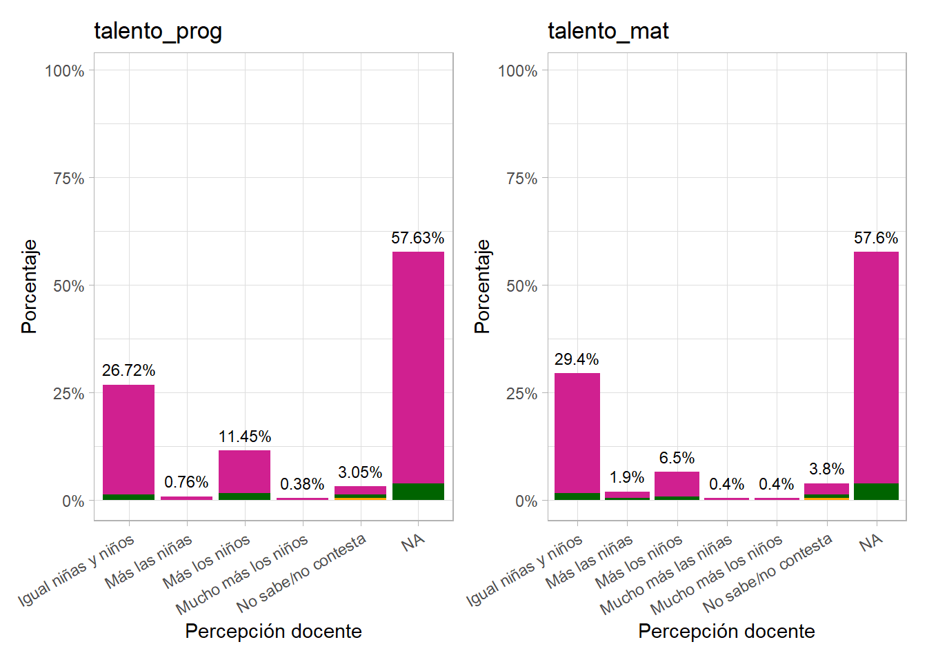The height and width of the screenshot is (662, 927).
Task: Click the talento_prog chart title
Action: click(x=158, y=31)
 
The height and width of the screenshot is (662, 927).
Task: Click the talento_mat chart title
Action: click(x=608, y=31)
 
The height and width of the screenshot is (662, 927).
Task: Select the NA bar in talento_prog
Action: click(x=418, y=365)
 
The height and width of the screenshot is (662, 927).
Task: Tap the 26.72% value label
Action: click(x=128, y=370)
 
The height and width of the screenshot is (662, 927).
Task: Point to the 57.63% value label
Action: click(x=417, y=238)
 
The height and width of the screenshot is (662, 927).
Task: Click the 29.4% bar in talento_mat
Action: click(x=577, y=434)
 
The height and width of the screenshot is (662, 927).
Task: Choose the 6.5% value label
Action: click(x=677, y=458)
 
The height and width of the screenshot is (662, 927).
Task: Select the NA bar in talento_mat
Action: click(x=876, y=365)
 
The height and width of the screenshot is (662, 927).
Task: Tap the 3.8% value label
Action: click(x=826, y=469)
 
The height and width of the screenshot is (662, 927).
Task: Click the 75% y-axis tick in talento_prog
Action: click(x=68, y=179)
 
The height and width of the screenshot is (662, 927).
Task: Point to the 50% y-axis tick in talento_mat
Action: click(x=521, y=286)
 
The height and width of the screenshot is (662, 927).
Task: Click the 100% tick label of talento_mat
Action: click(x=517, y=71)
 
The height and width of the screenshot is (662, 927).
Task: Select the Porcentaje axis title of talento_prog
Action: click(x=29, y=286)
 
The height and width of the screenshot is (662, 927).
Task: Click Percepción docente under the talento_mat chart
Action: click(x=726, y=631)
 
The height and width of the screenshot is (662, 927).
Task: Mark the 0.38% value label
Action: click(x=302, y=484)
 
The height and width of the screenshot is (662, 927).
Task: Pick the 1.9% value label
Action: click(x=627, y=477)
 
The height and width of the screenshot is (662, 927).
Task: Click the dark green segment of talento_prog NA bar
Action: click(x=418, y=492)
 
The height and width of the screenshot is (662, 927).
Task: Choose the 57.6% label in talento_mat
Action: click(x=876, y=238)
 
